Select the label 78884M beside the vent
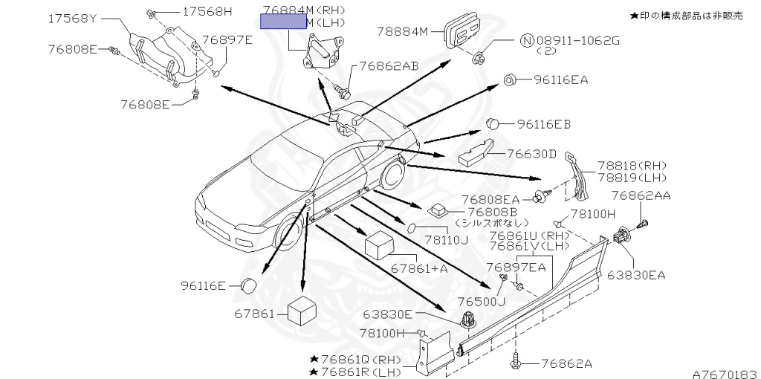pyautogui.click(x=403, y=31)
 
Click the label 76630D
pyautogui.click(x=532, y=154)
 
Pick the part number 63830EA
pyautogui.click(x=636, y=275)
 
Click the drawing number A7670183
pyautogui.click(x=725, y=369)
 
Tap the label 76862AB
pyautogui.click(x=389, y=65)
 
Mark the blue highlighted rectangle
pyautogui.click(x=282, y=23)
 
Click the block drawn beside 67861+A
pyautogui.click(x=380, y=244)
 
